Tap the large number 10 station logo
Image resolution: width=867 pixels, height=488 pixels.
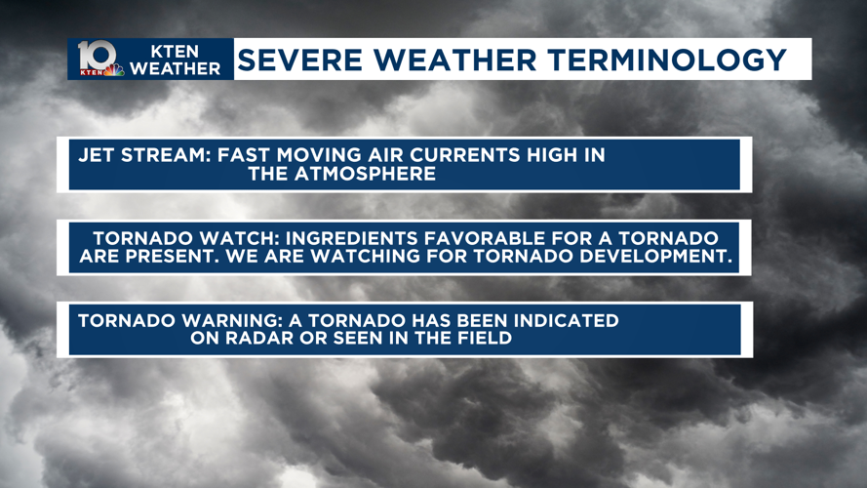pyautogui.click(x=96, y=55)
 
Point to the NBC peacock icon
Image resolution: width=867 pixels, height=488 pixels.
pyautogui.click(x=115, y=70)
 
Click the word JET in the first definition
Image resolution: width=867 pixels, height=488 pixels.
pyautogui.click(x=98, y=155)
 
